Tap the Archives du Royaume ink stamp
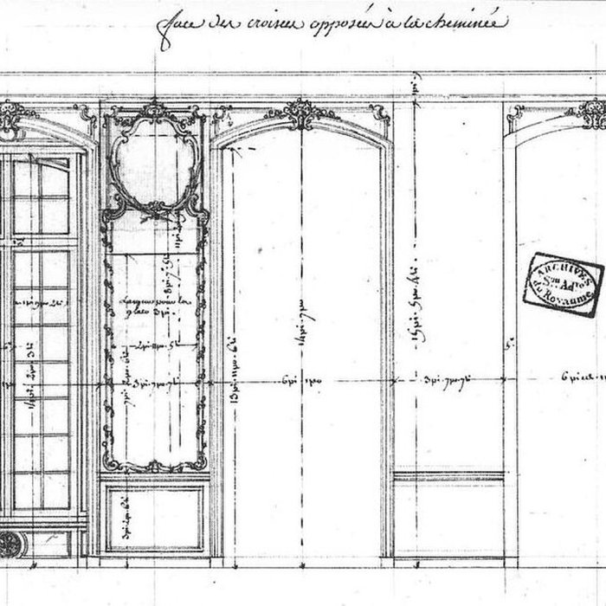tap(563, 280)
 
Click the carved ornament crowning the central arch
tap(300, 113)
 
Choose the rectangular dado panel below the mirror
tap(154, 518)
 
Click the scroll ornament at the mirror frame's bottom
tap(153, 465)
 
